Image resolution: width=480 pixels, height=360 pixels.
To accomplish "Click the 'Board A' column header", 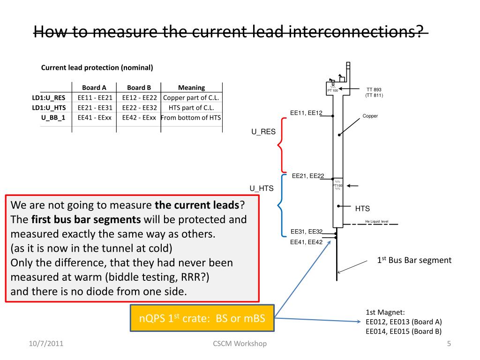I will (94, 88).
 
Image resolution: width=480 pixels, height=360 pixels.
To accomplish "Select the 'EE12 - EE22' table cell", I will (139, 97).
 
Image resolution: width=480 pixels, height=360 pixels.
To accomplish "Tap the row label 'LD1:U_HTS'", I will (49, 107).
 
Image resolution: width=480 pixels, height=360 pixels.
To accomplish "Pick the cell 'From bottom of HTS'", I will (191, 117).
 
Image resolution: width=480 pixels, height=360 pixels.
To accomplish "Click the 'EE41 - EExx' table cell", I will (94, 117).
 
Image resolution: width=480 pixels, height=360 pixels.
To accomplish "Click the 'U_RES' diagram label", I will (263, 132).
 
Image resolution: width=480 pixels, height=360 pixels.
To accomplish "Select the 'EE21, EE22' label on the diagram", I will (308, 176).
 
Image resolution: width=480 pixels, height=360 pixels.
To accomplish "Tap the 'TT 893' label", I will (374, 90).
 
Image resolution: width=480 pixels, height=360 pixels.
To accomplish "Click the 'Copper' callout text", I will (370, 116).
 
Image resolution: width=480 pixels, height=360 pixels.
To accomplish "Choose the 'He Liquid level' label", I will (377, 222).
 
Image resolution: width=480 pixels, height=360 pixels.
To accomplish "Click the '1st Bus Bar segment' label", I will (414, 260).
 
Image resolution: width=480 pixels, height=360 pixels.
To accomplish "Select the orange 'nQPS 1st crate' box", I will (202, 319).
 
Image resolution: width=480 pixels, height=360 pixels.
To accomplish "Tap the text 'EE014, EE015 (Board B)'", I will (404, 331).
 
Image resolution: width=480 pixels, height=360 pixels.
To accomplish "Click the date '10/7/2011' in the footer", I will (45, 344).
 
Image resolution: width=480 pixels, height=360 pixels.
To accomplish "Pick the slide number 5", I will (449, 344).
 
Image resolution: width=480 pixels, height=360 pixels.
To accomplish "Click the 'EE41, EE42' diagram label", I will (307, 242).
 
